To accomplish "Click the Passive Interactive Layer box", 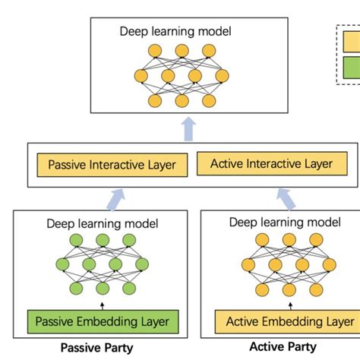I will [112, 164].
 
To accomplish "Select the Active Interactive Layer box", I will [271, 163].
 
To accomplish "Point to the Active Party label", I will [282, 348].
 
